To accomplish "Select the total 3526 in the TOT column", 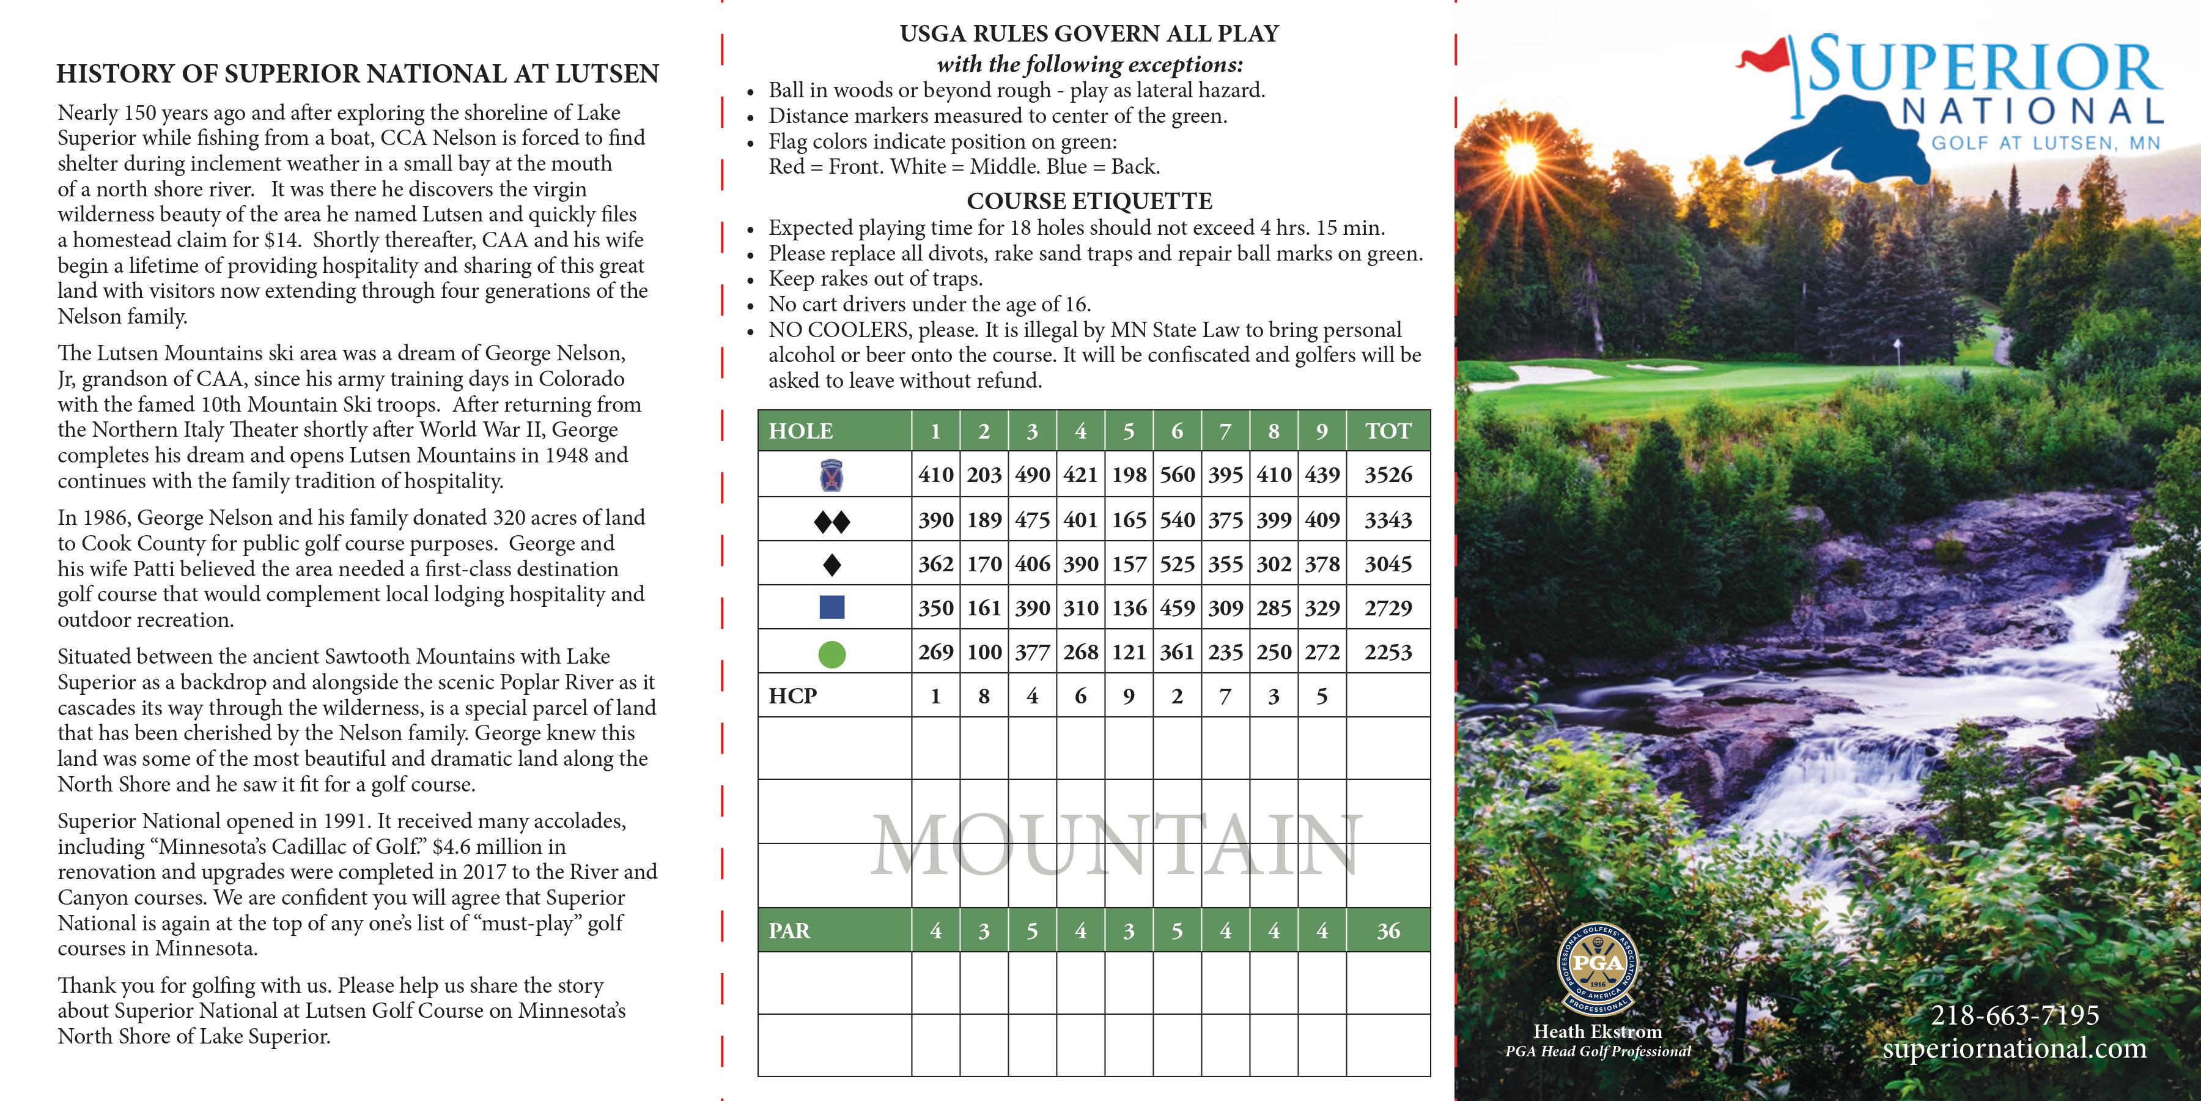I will coord(1388,475).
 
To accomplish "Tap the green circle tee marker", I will coord(831,654).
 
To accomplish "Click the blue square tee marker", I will coord(831,608).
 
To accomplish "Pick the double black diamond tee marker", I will coord(831,521).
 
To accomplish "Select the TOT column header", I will coord(1388,431).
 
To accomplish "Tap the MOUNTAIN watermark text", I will coord(1115,847).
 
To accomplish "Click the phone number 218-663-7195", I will coord(2014,1015).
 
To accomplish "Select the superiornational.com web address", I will coord(2014,1048).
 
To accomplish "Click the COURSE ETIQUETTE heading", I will coord(1088,201).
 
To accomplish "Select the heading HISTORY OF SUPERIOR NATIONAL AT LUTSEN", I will coord(357,73).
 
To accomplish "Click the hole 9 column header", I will coord(1321,431).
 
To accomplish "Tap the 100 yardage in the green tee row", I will coord(984,652).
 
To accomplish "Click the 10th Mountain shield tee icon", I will coord(831,475).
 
